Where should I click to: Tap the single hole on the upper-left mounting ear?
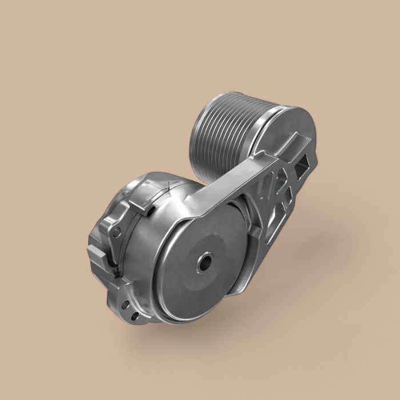117,232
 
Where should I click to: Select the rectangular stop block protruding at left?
95,251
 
